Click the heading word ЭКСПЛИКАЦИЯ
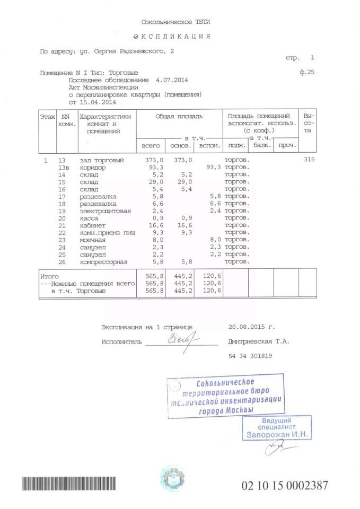[172, 37]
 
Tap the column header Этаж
[47, 116]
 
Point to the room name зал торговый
[101, 160]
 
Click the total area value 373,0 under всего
[154, 160]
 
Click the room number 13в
[64, 168]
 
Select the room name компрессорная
[103, 262]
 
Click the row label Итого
[50, 277]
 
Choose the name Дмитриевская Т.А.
[259, 342]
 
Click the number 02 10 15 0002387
[285, 485]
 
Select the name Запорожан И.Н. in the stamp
[276, 434]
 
